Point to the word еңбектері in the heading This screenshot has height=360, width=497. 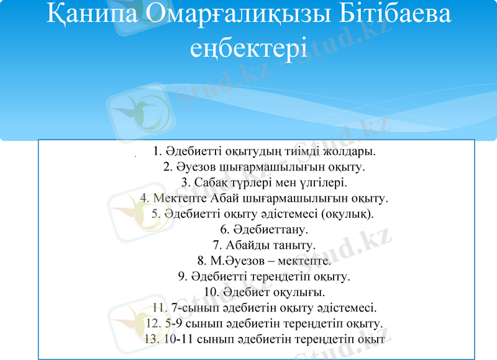(248, 48)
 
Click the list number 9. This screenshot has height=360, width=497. (181, 276)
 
